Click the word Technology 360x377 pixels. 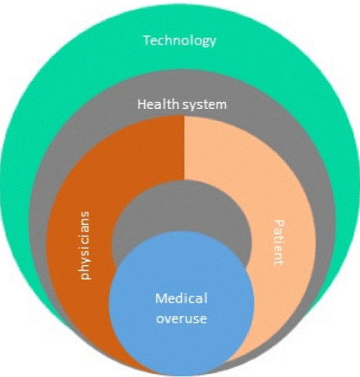pos(180,41)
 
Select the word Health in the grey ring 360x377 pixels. pos(158,104)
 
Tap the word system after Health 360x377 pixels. pos(204,105)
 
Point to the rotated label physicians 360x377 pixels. pos(85,245)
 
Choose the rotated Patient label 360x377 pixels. pos(278,243)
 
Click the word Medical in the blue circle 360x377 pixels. pos(181,298)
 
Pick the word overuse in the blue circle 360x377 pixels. pos(181,318)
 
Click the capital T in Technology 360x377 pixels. pos(147,40)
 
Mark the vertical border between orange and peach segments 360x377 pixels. pos(184,148)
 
